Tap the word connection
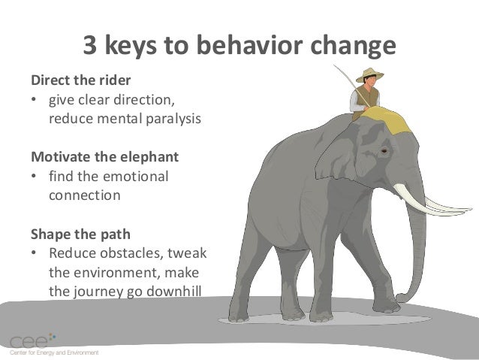point(84,195)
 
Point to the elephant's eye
point(384,151)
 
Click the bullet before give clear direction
point(34,99)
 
